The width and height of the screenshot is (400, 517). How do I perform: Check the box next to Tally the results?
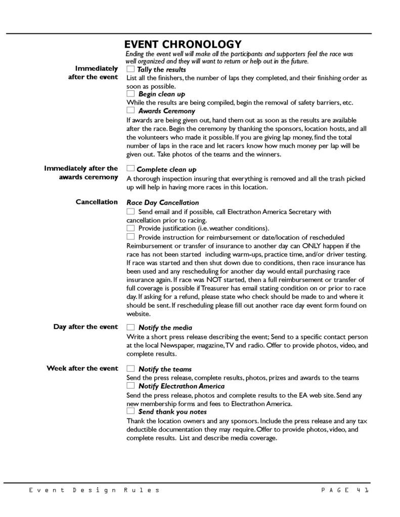coord(130,69)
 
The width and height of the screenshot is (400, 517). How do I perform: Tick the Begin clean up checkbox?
coord(130,93)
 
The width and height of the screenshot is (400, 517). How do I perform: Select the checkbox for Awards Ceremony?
coord(130,110)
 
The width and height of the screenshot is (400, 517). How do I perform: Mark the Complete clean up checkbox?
coord(130,169)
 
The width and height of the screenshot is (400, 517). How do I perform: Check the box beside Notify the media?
coord(130,327)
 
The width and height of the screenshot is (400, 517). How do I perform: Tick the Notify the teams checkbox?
coord(130,369)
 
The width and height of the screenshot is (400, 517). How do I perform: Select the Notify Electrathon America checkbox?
coord(130,386)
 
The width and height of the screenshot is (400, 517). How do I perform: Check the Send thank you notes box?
coord(130,411)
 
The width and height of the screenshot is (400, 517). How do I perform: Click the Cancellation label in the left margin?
coord(97,202)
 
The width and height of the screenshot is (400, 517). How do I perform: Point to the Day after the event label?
coord(85,327)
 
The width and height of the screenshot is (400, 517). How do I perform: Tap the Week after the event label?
coord(82,368)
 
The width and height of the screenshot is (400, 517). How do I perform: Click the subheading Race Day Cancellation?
coord(156,202)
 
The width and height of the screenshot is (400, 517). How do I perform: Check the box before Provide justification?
coord(130,228)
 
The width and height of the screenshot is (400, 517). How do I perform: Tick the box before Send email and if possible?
coord(130,211)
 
